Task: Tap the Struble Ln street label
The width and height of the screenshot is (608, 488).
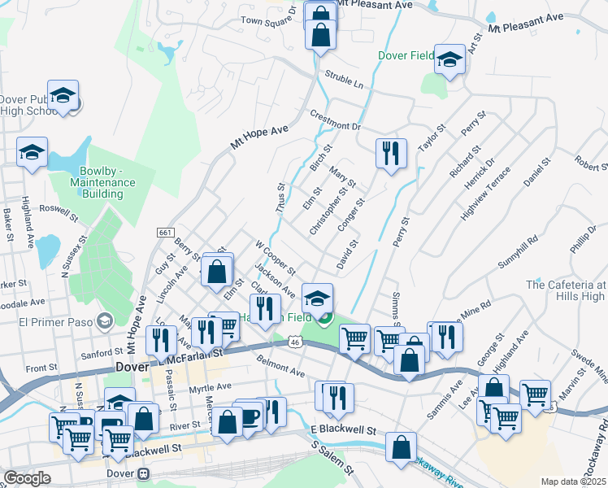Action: [344, 78]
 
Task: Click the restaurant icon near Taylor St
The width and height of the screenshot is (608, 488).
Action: [391, 154]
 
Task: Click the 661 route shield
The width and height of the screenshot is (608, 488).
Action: [165, 233]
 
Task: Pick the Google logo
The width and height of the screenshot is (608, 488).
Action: [27, 478]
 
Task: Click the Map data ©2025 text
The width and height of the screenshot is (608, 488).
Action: [573, 481]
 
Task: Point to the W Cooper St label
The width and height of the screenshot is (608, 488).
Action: [275, 257]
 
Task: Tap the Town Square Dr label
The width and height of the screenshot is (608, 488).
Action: [268, 20]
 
